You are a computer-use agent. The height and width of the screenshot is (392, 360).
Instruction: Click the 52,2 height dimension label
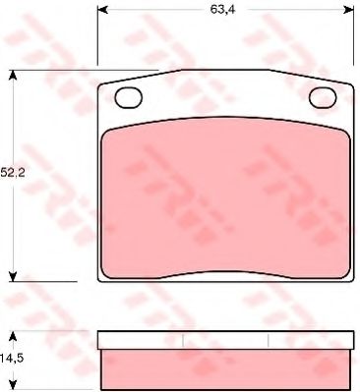[x=13, y=172]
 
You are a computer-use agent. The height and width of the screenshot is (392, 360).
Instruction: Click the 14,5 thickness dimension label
[x=12, y=358]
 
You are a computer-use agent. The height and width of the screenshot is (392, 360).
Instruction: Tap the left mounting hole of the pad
[x=129, y=97]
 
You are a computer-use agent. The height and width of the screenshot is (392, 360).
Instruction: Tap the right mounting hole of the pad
[x=324, y=97]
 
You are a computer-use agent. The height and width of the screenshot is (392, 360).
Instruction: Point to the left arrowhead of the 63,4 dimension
[x=102, y=10]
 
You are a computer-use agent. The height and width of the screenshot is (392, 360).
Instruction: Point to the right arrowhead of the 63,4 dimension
[x=348, y=10]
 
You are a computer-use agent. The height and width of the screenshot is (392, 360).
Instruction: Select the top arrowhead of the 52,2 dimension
[x=13, y=76]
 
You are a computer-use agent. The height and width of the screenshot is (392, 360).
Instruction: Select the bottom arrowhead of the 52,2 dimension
[x=13, y=276]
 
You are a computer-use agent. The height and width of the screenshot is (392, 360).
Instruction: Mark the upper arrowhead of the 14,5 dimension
[x=13, y=336]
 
